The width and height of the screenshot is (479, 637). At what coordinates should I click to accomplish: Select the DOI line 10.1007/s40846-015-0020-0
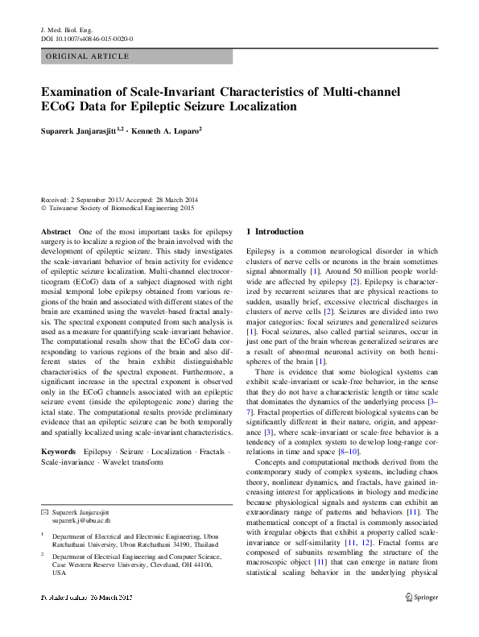pyautogui.click(x=86, y=39)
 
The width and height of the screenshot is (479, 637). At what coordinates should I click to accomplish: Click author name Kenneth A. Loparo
pyautogui.click(x=167, y=130)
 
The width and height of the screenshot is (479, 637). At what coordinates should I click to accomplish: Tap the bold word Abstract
pyautogui.click(x=56, y=231)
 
